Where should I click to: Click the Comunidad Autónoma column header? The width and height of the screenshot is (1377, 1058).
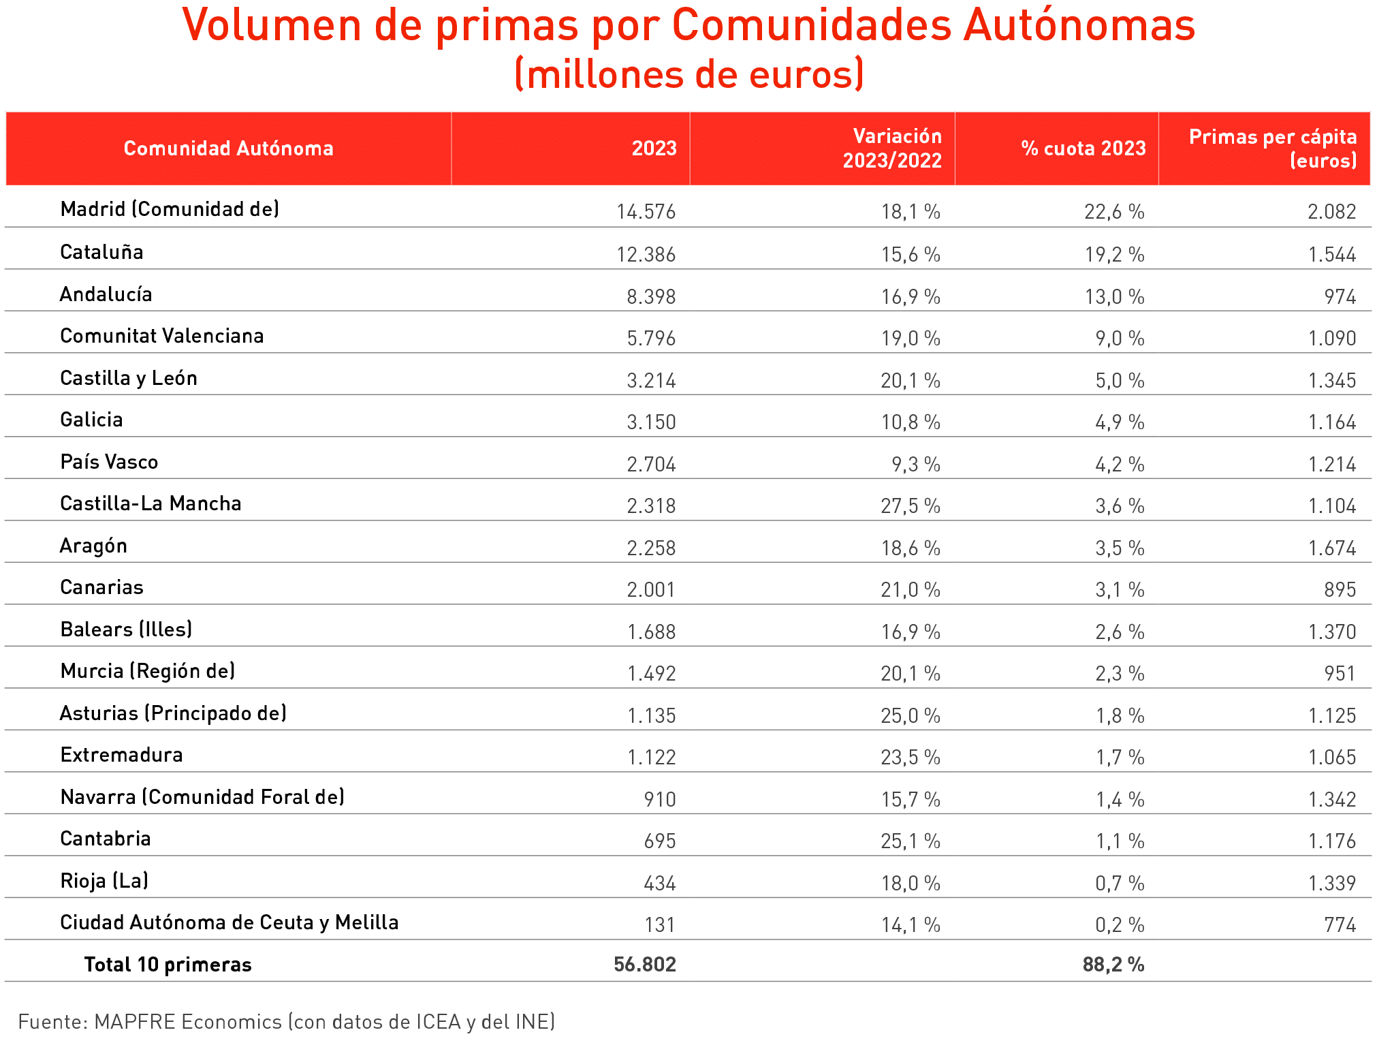point(228,149)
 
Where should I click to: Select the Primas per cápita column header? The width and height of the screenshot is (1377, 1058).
point(1272,149)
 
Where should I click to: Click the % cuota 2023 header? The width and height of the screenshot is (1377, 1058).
point(1083,149)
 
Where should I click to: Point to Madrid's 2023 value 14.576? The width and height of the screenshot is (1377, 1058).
point(646,211)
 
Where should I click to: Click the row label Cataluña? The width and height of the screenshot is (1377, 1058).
point(101,252)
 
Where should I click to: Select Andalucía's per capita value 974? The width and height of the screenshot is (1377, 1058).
point(1340,296)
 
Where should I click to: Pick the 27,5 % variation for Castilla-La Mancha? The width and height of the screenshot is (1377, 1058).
point(910,505)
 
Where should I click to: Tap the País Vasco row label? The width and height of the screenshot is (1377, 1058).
point(109,462)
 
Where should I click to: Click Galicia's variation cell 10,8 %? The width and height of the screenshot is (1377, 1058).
point(910,422)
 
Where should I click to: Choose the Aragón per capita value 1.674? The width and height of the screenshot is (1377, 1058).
point(1331,548)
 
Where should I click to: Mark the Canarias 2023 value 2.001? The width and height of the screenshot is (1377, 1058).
point(651,589)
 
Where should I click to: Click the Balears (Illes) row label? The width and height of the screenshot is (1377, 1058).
point(126,629)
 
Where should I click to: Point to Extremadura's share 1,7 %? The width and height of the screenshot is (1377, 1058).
point(1120,757)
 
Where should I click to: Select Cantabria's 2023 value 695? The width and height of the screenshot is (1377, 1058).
point(659,841)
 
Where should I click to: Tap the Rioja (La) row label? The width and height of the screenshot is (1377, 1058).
point(104,881)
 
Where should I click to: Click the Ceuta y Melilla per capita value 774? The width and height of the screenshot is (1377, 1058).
point(1340,924)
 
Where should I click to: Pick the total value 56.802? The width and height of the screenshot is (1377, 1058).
point(644,964)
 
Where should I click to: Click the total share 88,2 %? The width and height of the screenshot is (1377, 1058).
point(1113,964)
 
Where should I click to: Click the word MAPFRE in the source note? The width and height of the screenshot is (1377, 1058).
point(134,1021)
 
